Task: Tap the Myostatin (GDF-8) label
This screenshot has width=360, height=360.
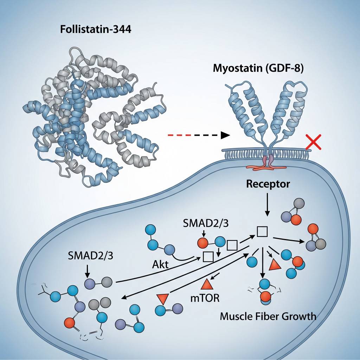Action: pos(258,68)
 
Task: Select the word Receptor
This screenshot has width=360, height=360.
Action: pos(268,184)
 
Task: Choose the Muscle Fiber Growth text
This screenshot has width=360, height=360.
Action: pos(268,316)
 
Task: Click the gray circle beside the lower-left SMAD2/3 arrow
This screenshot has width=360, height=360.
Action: pos(107,281)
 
